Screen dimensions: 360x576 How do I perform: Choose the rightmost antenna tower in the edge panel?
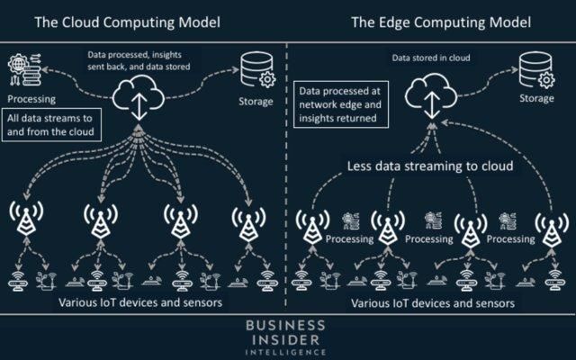point(544,225)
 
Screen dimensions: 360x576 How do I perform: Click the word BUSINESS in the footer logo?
point(288,324)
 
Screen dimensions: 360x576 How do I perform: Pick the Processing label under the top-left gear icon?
point(30,99)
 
